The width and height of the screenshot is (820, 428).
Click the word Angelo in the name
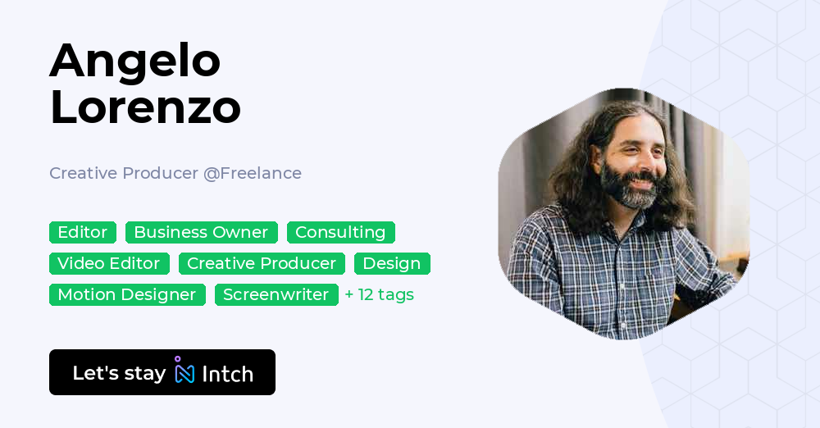[x=135, y=61]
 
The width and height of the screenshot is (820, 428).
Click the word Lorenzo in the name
[x=145, y=107]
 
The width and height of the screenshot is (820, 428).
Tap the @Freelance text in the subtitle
[x=253, y=173]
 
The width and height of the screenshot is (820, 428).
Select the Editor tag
[x=83, y=233]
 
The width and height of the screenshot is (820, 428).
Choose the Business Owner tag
[x=201, y=233]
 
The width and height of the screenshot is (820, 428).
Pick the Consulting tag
[x=340, y=233]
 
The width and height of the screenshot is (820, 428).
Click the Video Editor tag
[x=109, y=264]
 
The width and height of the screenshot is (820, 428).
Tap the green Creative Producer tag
[x=262, y=264]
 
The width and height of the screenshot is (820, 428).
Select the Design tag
[x=392, y=264]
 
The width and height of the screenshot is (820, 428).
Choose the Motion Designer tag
[x=127, y=295]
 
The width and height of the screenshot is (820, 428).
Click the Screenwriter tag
[x=276, y=295]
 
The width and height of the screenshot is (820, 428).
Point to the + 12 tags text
[x=379, y=295]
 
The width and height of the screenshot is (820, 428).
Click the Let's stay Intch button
[x=162, y=372]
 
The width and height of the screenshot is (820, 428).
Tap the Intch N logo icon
[x=184, y=371]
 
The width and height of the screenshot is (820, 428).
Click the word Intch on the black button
[x=227, y=374]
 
